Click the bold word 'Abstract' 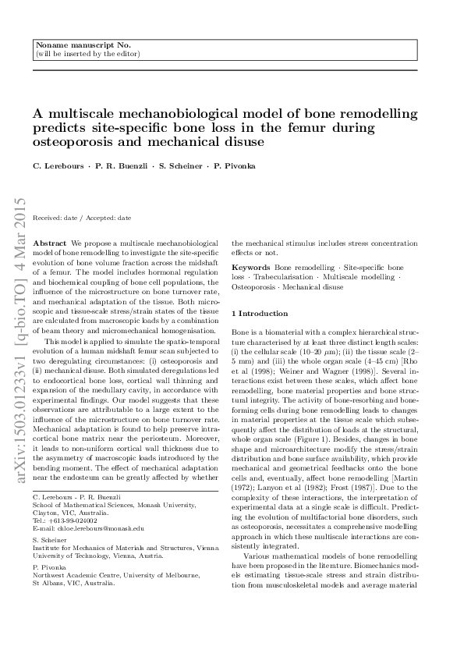click(51, 243)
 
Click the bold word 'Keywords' click(250, 267)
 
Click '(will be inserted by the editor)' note click(87, 55)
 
